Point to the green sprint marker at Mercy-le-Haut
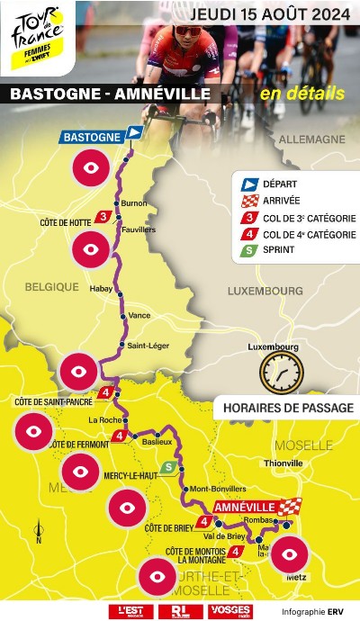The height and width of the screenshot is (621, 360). (x=168, y=467)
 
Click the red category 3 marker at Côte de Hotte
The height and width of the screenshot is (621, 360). (x=105, y=217)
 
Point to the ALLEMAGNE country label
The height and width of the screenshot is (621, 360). (x=311, y=140)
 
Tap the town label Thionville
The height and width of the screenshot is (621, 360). (x=284, y=463)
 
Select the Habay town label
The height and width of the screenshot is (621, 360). (x=102, y=289)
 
